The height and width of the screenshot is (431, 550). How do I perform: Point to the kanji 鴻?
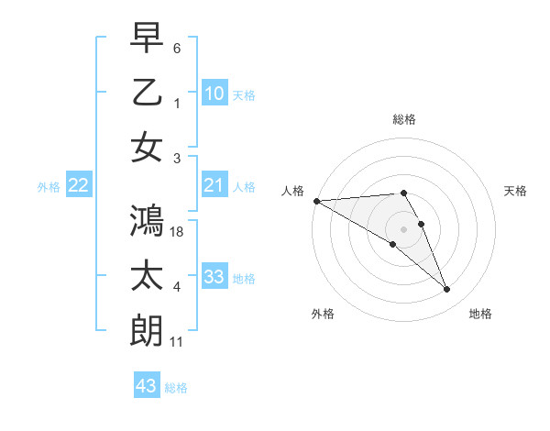click(x=148, y=220)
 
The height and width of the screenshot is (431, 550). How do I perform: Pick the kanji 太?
click(x=148, y=276)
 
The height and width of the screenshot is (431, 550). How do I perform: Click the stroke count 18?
click(x=177, y=232)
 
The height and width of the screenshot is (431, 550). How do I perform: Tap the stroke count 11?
click(x=177, y=342)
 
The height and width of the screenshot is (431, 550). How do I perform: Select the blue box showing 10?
click(x=214, y=93)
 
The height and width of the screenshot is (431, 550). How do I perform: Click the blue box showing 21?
click(x=214, y=185)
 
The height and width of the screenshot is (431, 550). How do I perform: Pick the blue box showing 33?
click(x=214, y=276)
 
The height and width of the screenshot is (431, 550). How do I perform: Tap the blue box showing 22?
click(x=78, y=186)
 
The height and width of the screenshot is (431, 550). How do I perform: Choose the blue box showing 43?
click(x=146, y=386)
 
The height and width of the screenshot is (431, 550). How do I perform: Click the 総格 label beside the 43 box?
click(x=176, y=388)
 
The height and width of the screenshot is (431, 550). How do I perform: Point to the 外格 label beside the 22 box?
click(x=49, y=187)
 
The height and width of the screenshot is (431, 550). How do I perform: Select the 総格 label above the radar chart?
click(x=403, y=119)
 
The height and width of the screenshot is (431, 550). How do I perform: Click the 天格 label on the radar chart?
click(x=515, y=191)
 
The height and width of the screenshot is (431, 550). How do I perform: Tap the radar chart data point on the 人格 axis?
click(x=316, y=201)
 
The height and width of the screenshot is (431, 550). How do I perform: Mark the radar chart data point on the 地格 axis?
click(x=447, y=290)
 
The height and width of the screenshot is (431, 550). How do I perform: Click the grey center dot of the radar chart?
click(x=403, y=228)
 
